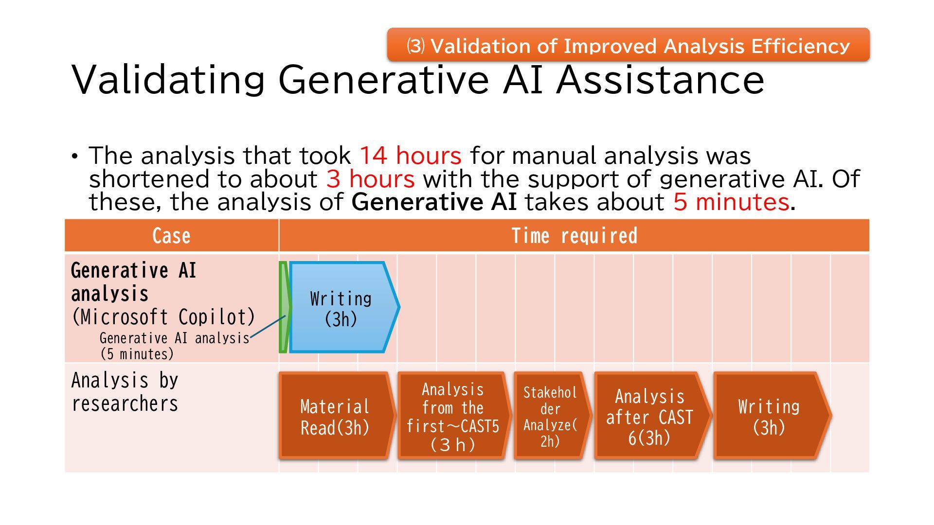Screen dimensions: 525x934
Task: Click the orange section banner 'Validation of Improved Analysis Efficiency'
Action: [628, 45]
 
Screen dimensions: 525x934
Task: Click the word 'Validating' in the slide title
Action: [168, 80]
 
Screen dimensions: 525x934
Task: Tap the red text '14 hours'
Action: [410, 156]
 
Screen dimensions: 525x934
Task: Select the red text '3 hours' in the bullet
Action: [370, 179]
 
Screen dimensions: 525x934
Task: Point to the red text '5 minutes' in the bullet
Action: [731, 202]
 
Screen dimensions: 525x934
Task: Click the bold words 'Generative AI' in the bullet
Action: [433, 202]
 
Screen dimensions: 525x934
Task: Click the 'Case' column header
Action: [171, 236]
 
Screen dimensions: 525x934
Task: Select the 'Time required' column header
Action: [574, 236]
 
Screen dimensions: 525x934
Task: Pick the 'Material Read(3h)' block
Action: [335, 417]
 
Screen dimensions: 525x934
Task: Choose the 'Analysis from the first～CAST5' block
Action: [453, 417]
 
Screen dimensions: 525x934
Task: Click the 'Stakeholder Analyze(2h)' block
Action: [550, 417]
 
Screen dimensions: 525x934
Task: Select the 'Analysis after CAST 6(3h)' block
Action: [650, 417]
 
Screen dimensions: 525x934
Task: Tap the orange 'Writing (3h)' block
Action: [769, 417]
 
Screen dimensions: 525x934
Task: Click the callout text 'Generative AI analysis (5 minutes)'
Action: [174, 346]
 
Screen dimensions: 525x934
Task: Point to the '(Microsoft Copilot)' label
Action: [163, 317]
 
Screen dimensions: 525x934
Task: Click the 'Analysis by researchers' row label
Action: [125, 392]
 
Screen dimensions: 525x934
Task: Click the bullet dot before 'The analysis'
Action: [74, 157]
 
